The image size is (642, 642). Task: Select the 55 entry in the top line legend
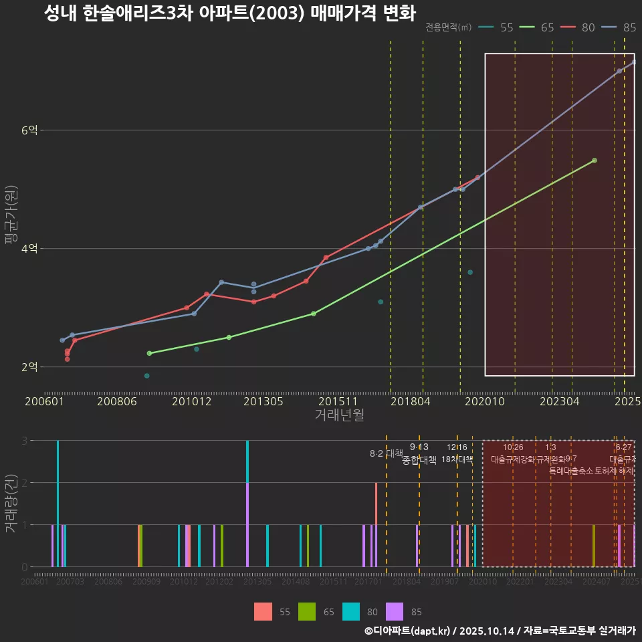click(506, 27)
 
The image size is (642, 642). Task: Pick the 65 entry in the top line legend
click(547, 27)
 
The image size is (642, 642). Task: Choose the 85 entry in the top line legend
click(629, 27)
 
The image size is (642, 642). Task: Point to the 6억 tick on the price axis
click(29, 130)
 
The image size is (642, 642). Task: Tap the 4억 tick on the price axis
click(29, 249)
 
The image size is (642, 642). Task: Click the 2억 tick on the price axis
click(29, 367)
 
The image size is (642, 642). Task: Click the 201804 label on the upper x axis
click(410, 401)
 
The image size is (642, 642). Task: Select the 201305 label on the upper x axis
click(263, 401)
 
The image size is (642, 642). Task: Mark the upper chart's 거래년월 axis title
click(339, 415)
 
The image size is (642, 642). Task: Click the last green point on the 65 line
click(594, 160)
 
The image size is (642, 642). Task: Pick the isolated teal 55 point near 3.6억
click(470, 272)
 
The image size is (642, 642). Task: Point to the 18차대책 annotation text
click(457, 459)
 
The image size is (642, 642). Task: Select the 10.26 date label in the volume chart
click(513, 447)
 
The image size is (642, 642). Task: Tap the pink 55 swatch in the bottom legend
click(263, 611)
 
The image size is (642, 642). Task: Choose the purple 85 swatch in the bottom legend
click(395, 611)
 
